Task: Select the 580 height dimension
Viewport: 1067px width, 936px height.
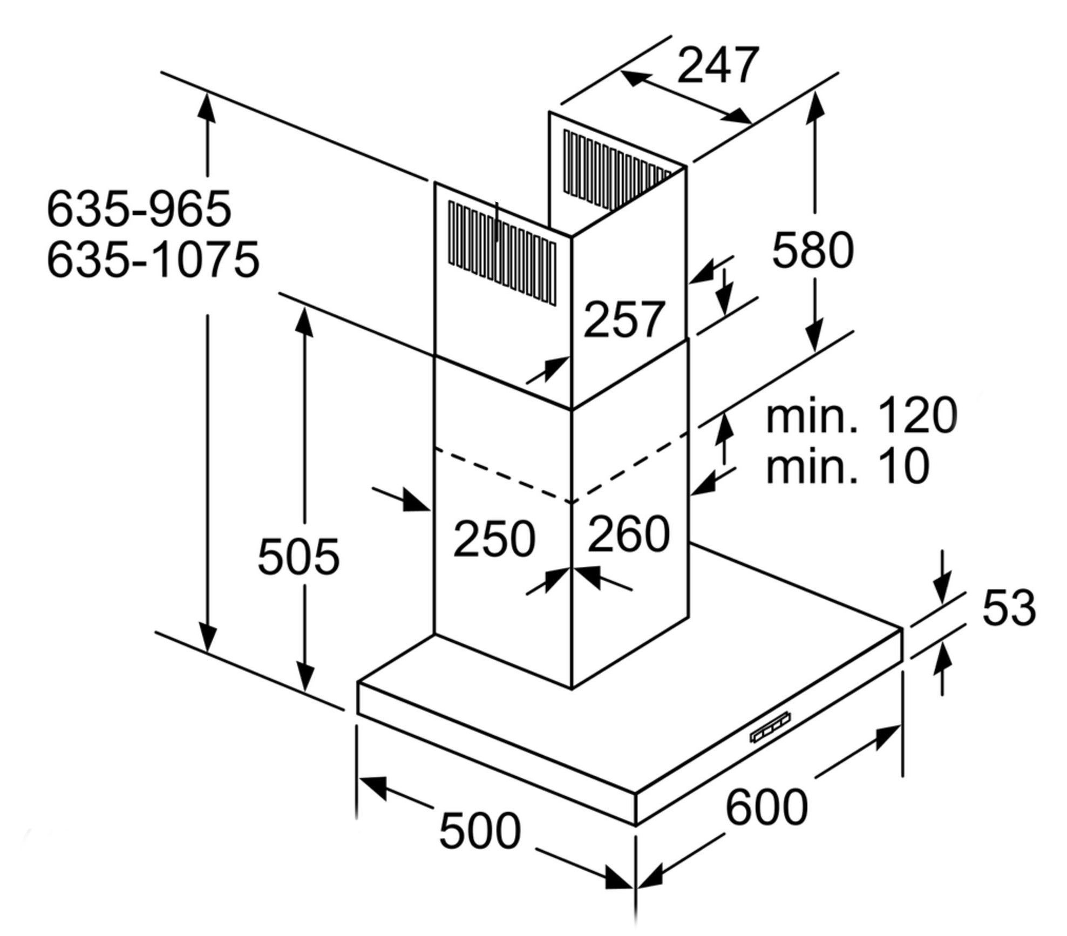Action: pyautogui.click(x=813, y=250)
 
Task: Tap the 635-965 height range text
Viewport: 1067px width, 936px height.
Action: pyautogui.click(x=139, y=208)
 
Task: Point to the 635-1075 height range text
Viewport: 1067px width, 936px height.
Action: pyautogui.click(x=153, y=260)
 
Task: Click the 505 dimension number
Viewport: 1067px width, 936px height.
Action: pyautogui.click(x=298, y=557)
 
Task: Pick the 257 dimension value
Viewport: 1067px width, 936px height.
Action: pyautogui.click(x=623, y=320)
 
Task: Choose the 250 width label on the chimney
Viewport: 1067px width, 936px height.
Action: pyautogui.click(x=494, y=538)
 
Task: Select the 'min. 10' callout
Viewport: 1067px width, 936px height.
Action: pyautogui.click(x=848, y=466)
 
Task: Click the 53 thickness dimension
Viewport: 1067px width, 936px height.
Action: pyautogui.click(x=1009, y=608)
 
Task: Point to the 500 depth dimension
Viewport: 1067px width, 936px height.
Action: pyautogui.click(x=480, y=831)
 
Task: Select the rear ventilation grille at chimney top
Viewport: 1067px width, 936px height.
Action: pyautogui.click(x=617, y=169)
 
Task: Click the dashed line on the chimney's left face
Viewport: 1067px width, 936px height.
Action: pyautogui.click(x=502, y=474)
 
